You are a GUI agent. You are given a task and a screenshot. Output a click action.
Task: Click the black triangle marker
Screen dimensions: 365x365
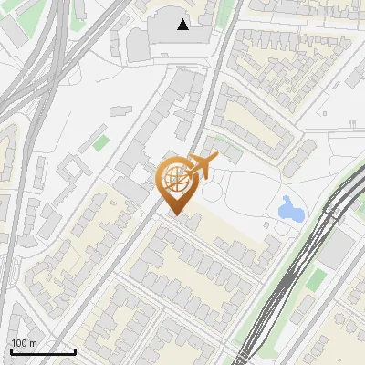tap(183, 25)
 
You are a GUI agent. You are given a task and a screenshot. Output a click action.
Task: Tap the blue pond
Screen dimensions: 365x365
tap(291, 211)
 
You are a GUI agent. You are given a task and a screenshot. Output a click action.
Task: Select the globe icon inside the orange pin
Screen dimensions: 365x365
tap(177, 180)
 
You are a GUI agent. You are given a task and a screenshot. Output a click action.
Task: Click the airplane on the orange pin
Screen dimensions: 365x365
tap(202, 165)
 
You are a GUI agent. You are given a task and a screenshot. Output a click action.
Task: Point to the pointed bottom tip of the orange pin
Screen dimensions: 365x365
tap(177, 214)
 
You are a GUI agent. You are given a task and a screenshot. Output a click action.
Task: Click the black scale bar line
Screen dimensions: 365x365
tap(43, 351)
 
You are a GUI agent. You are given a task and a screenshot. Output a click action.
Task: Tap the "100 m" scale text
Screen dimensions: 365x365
tap(24, 343)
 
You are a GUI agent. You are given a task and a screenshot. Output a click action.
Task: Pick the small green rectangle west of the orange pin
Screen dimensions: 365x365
tap(100, 143)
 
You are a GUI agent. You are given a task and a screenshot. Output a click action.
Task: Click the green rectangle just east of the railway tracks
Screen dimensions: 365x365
tap(315, 279)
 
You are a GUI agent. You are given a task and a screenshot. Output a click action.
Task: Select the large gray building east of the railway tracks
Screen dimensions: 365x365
tap(339, 246)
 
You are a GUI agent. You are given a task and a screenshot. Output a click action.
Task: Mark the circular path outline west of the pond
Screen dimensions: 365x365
tap(213, 193)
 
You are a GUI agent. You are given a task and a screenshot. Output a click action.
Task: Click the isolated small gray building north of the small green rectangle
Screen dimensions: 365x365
tap(121, 110)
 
